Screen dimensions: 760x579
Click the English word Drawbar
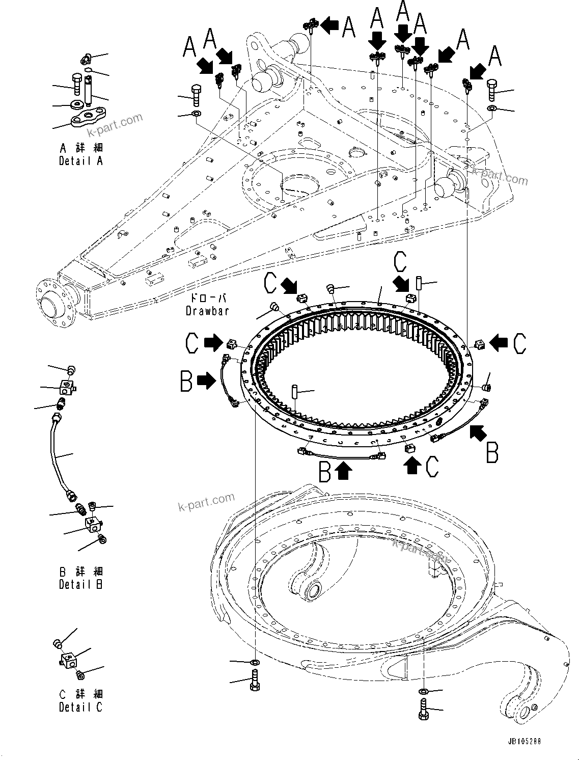207,310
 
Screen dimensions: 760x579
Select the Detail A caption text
81,160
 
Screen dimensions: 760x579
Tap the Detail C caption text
80,707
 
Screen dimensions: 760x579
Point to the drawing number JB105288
524,741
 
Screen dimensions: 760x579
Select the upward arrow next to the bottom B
344,471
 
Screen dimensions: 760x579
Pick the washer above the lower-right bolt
422,691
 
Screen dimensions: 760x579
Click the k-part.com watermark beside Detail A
115,125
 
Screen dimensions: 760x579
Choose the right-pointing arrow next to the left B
206,380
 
